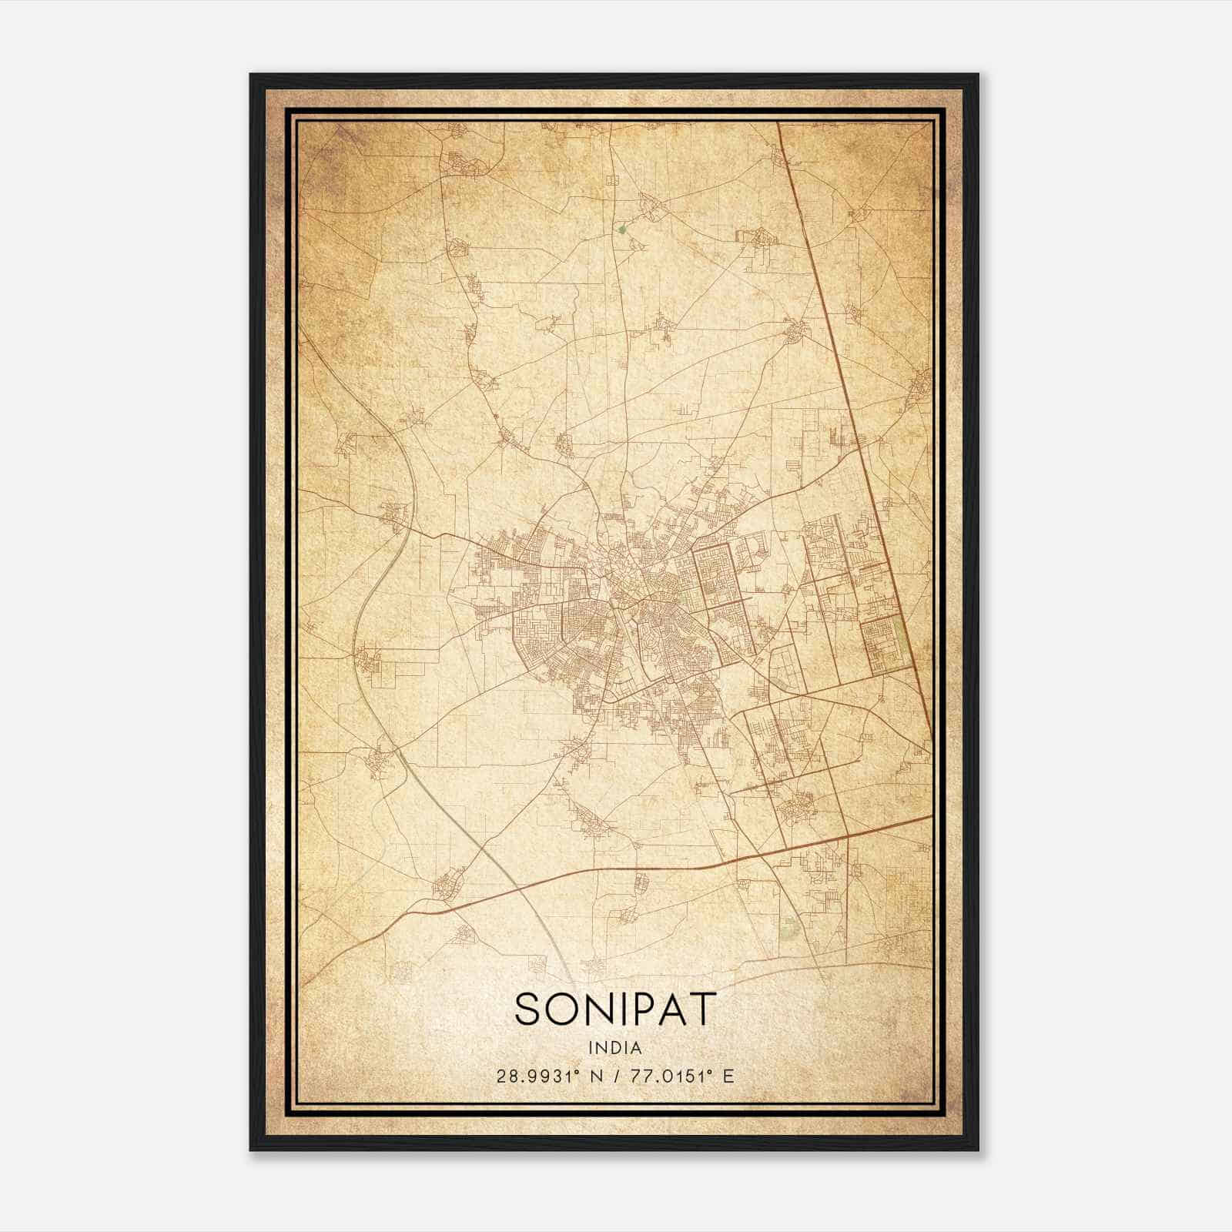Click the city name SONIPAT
tap(615, 1009)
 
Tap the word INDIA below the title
tap(615, 1047)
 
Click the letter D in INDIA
tap(615, 1047)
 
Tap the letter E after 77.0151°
tap(728, 1076)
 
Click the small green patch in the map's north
tap(621, 229)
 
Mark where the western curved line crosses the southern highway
tap(521, 887)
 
